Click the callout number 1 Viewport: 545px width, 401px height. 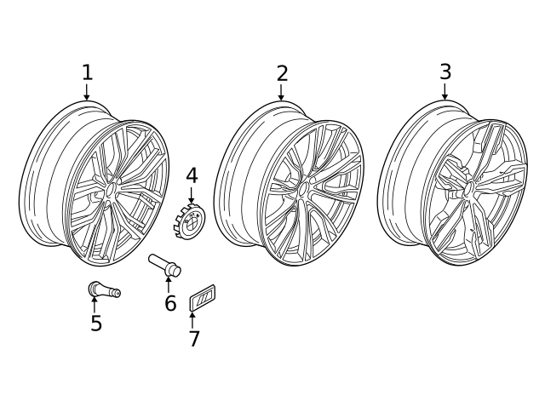87,72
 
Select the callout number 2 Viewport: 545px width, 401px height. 282,73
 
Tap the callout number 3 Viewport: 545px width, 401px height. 445,72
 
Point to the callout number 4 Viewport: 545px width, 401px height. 192,175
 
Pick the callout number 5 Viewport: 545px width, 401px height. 96,323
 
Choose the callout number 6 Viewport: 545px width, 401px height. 170,302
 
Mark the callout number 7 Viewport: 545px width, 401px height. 194,338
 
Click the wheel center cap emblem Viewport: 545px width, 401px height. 189,221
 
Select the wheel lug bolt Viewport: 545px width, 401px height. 165,266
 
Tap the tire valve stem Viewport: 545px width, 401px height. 104,289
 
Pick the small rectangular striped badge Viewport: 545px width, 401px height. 202,297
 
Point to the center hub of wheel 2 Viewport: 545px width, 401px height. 304,190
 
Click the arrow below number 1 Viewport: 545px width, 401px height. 87,92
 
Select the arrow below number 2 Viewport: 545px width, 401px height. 281,93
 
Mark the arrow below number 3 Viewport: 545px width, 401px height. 445,91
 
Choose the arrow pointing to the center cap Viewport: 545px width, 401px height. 191,195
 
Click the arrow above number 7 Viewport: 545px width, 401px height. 192,320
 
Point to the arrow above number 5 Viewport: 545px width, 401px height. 94,305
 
